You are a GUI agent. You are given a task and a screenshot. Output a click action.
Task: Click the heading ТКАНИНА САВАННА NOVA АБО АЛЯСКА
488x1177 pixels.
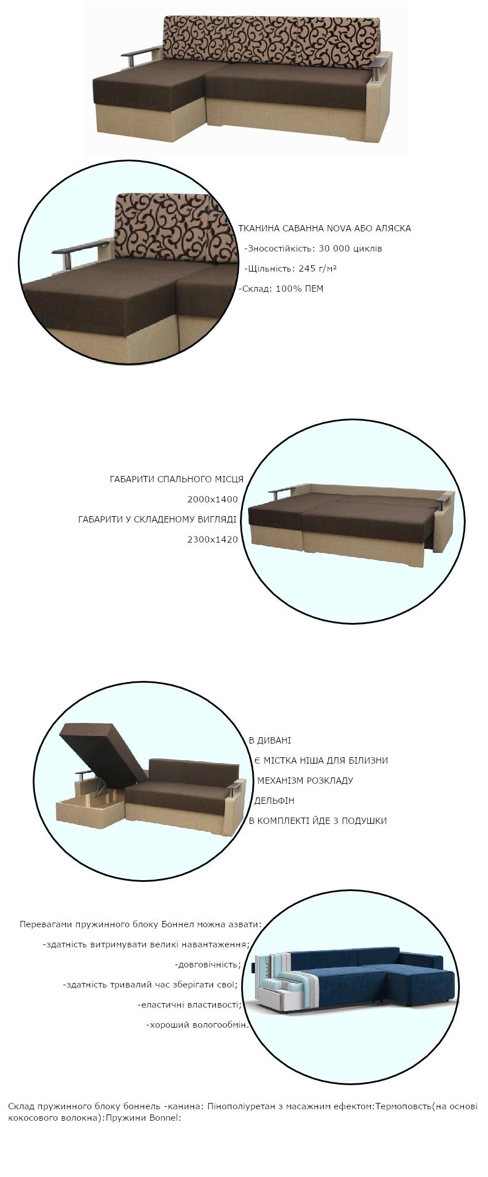(x=324, y=229)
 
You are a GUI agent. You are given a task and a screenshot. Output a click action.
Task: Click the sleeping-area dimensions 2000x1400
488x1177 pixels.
(x=212, y=500)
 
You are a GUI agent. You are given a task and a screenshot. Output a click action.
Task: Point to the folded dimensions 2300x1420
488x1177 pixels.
(x=212, y=540)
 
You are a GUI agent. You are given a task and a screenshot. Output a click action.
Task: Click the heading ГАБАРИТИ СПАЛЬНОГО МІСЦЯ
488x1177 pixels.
(x=177, y=479)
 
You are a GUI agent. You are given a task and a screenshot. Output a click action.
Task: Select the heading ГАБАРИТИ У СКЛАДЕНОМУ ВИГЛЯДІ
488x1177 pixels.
(x=157, y=520)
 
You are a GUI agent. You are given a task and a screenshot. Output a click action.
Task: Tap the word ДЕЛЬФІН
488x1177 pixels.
(x=274, y=801)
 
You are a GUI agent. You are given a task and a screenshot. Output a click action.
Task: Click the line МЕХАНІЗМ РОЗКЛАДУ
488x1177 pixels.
(x=305, y=781)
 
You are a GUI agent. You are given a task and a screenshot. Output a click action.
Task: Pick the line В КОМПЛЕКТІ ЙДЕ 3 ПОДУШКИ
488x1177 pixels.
(x=317, y=821)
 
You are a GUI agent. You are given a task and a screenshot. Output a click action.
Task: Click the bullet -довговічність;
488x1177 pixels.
(x=208, y=965)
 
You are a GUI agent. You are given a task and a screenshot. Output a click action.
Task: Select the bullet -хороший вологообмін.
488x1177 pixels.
(x=197, y=1025)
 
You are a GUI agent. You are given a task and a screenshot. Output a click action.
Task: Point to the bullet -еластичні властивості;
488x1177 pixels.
(x=189, y=1005)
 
